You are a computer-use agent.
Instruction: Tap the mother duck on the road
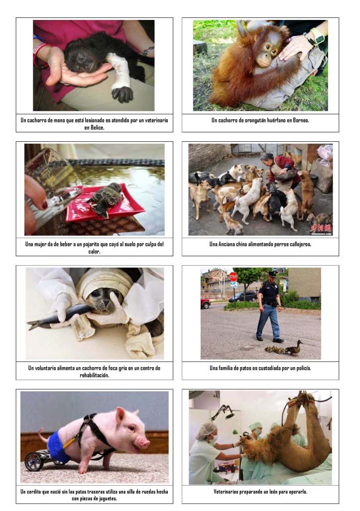point(294,348)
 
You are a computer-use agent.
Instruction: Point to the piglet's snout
point(144,443)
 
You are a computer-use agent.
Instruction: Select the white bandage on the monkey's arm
point(118,71)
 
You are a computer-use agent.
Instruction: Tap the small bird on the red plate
point(106,199)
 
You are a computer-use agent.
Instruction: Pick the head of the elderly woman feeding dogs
point(267,158)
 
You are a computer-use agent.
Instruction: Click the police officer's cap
point(272,274)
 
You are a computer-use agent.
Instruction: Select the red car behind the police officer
point(206,303)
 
